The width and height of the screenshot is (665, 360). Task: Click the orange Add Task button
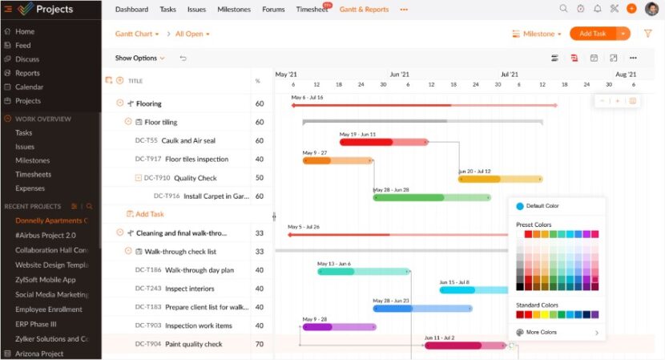pos(592,34)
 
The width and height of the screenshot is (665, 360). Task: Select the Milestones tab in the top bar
pos(233,10)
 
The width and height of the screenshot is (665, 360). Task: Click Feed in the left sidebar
pos(22,46)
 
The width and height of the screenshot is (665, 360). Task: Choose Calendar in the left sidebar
pos(29,87)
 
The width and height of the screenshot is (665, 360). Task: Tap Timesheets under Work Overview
pos(33,174)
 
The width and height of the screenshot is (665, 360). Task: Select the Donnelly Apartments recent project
pos(50,220)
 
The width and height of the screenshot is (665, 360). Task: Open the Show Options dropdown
pos(139,59)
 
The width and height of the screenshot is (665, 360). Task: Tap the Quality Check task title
pos(195,178)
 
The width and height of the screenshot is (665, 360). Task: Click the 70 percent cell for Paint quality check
pos(259,344)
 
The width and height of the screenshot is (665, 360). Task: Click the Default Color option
pos(542,206)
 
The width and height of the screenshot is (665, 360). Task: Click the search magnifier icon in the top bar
pos(563,9)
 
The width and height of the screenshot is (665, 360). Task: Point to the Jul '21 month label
pos(510,74)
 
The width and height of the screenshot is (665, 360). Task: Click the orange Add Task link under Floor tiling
pos(149,214)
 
